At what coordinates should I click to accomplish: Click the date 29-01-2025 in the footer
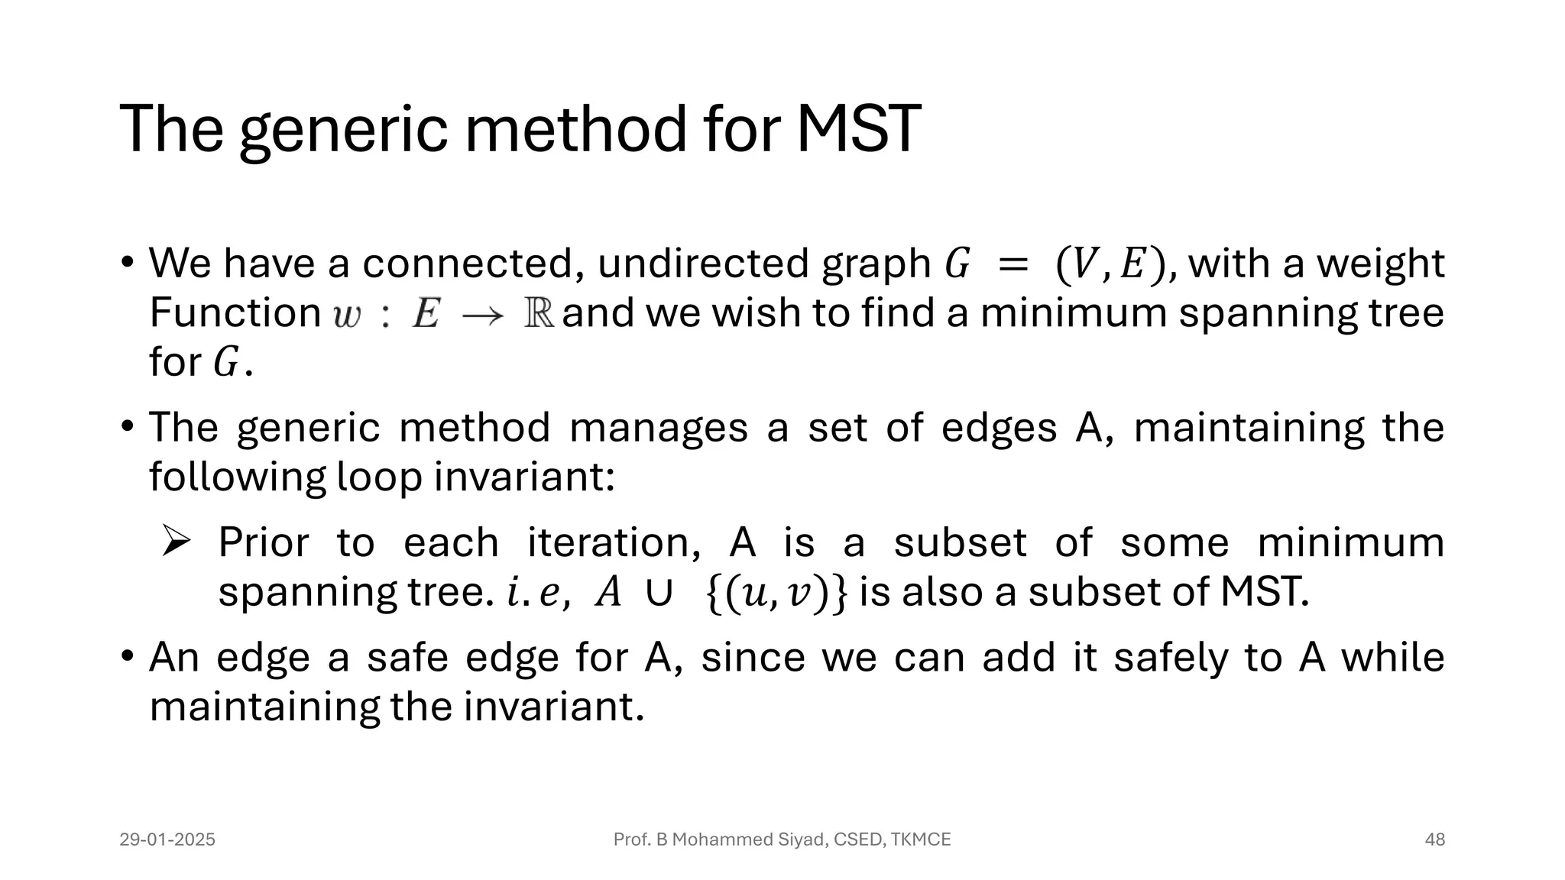(x=167, y=840)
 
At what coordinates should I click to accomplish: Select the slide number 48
(x=1434, y=840)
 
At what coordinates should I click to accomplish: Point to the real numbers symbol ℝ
(x=539, y=314)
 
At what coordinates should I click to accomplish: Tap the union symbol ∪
(x=659, y=593)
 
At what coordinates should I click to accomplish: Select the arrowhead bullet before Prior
(x=176, y=542)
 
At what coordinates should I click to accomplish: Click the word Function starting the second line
(x=235, y=313)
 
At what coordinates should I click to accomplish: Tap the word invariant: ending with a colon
(x=524, y=477)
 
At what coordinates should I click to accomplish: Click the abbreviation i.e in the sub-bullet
(x=538, y=593)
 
